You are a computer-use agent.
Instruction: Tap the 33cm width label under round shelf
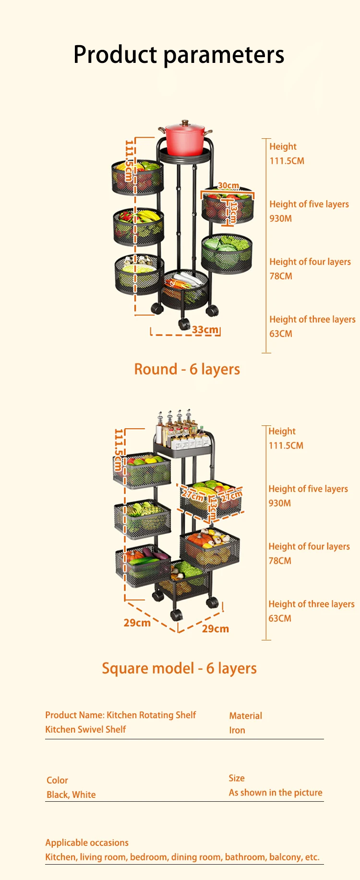point(205,330)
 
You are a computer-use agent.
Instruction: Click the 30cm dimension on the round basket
point(228,186)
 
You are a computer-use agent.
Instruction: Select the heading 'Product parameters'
point(179,54)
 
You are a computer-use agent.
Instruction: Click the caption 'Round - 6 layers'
point(187,369)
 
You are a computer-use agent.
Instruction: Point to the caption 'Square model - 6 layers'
point(179,668)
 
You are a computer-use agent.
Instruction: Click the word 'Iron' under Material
point(237,730)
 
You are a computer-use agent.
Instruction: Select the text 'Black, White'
point(71,795)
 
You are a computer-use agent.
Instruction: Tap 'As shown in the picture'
point(276,793)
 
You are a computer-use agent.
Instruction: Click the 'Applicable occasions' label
point(87,843)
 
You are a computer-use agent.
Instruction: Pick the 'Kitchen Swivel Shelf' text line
point(85,729)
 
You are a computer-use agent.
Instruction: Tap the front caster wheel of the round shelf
point(184,324)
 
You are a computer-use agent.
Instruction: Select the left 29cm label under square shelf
point(137,623)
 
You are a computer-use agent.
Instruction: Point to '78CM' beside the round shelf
point(281,276)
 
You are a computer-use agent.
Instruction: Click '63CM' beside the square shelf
point(280,618)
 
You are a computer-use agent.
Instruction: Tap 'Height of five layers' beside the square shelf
point(308,489)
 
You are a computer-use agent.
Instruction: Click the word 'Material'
point(246,716)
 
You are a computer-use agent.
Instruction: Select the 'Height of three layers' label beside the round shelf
point(312,319)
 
